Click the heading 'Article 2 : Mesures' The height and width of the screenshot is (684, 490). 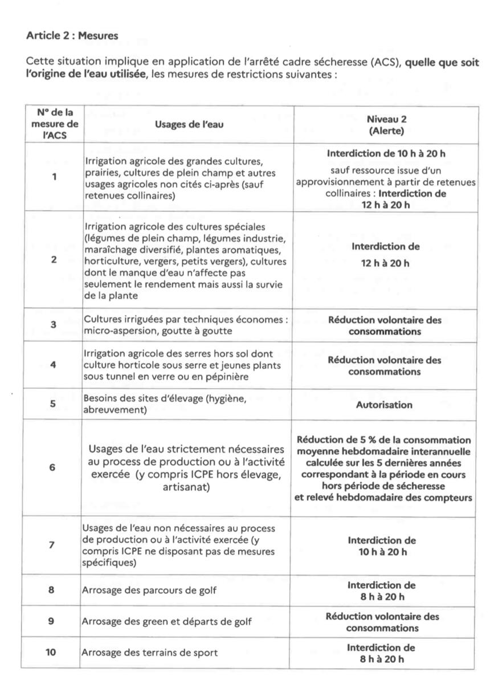[x=72, y=35]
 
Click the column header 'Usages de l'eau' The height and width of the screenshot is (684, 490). [x=189, y=125]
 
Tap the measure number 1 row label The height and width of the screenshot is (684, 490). [x=54, y=177]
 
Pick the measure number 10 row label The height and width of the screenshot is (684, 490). [x=51, y=653]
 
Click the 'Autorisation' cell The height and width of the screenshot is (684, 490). [x=384, y=405]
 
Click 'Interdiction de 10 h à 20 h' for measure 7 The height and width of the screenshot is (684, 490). [x=382, y=546]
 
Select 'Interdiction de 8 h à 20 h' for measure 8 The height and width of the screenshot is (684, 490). [x=381, y=591]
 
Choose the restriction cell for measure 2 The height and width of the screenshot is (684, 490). [x=385, y=255]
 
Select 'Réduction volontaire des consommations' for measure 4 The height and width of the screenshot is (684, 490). [x=385, y=366]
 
